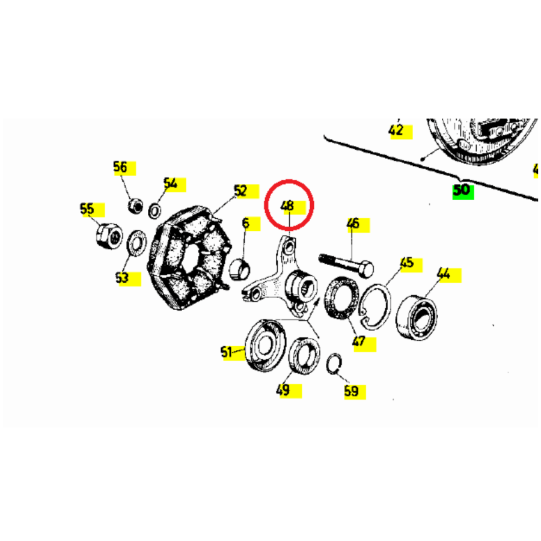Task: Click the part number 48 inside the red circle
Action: point(287,206)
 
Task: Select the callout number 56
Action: point(120,167)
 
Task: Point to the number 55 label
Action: point(87,209)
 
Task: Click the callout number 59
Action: point(351,391)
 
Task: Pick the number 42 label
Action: point(396,130)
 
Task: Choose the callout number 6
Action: point(245,223)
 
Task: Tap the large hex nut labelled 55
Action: point(109,236)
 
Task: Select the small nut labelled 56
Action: point(135,206)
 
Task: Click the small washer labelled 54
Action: point(154,211)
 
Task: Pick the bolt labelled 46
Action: point(346,266)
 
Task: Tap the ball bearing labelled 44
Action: point(417,317)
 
